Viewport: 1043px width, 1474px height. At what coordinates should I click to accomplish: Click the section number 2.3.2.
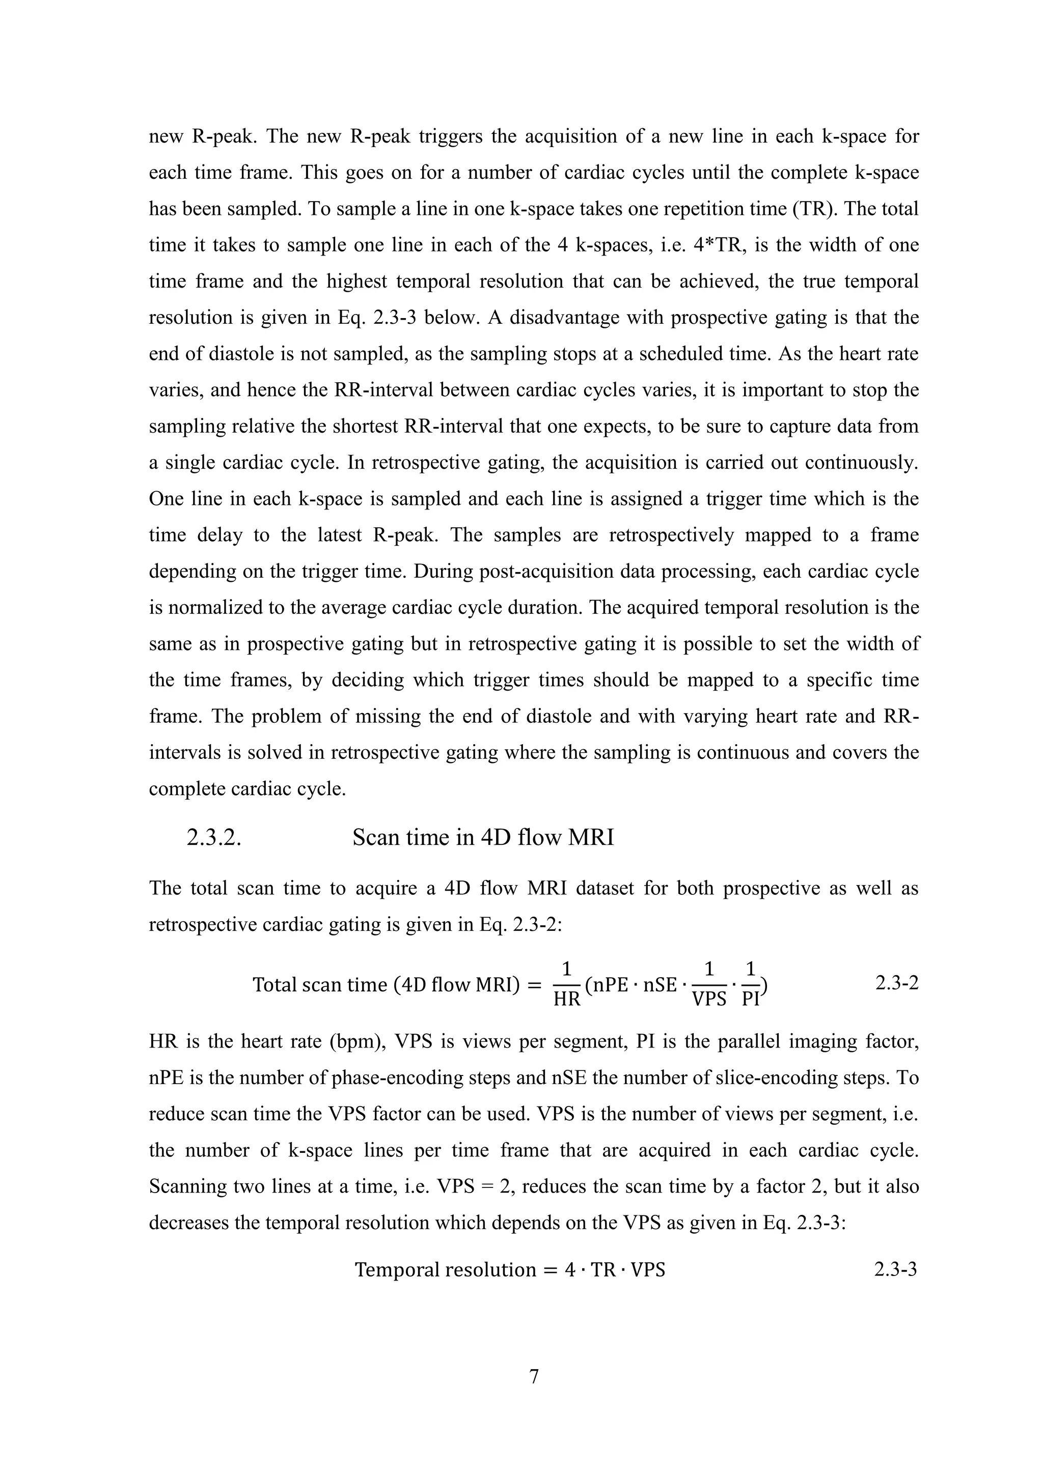pyautogui.click(x=213, y=838)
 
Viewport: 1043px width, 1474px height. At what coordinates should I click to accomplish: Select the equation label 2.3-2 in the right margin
pyautogui.click(x=896, y=983)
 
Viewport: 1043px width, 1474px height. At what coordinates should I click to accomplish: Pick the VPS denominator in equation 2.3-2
pyautogui.click(x=709, y=1000)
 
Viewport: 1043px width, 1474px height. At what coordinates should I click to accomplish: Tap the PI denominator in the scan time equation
pyautogui.click(x=750, y=1000)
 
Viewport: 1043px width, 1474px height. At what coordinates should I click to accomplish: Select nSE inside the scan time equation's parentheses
pyautogui.click(x=661, y=984)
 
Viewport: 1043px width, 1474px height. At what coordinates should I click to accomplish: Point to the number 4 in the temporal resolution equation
pyautogui.click(x=570, y=1270)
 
